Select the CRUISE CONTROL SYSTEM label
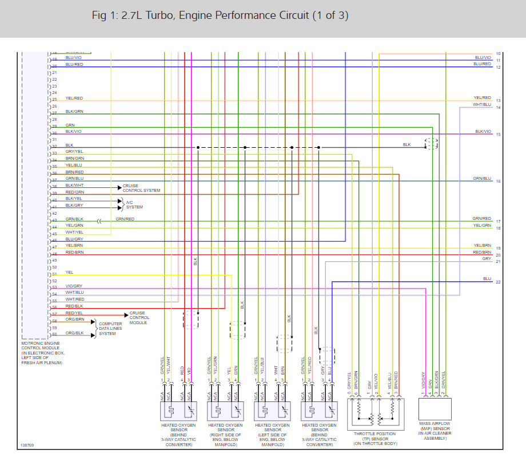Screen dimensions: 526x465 tap(141, 188)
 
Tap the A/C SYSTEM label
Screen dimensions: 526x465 tap(134, 205)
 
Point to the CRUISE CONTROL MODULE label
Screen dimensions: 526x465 tap(140, 318)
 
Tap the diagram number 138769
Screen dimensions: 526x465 tap(27, 444)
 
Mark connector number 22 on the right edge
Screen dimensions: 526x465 tap(498, 282)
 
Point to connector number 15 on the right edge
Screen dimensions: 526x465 tap(498, 135)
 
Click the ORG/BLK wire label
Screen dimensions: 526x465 tap(74, 333)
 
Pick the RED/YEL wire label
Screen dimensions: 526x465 tap(74, 313)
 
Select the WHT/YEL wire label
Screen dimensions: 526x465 tap(74, 232)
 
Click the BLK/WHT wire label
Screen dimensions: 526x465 tap(74, 186)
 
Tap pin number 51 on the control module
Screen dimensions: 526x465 tap(54, 274)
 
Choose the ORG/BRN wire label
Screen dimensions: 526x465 tap(75, 320)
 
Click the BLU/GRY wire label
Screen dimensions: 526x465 tap(74, 239)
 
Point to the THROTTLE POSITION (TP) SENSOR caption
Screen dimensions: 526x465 tap(374, 439)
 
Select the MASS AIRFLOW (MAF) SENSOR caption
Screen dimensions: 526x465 tap(435, 433)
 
